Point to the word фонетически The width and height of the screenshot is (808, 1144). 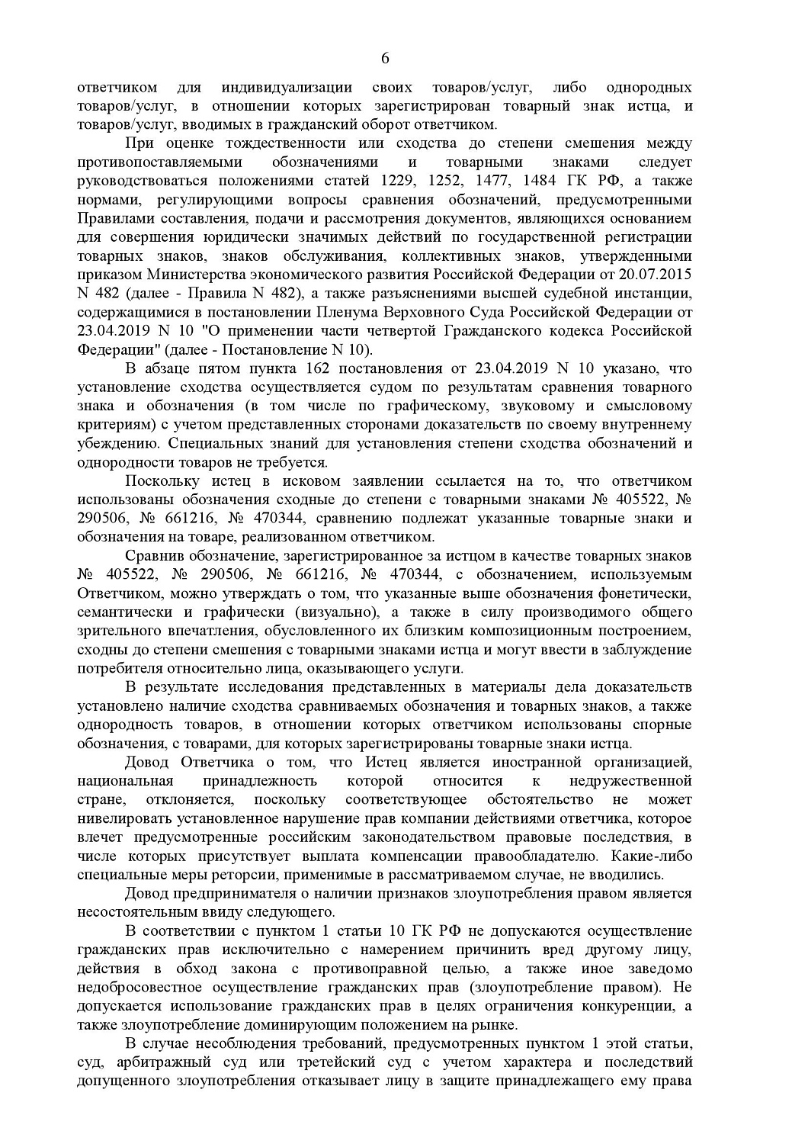coord(649,593)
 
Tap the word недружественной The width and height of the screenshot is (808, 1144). coord(630,781)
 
